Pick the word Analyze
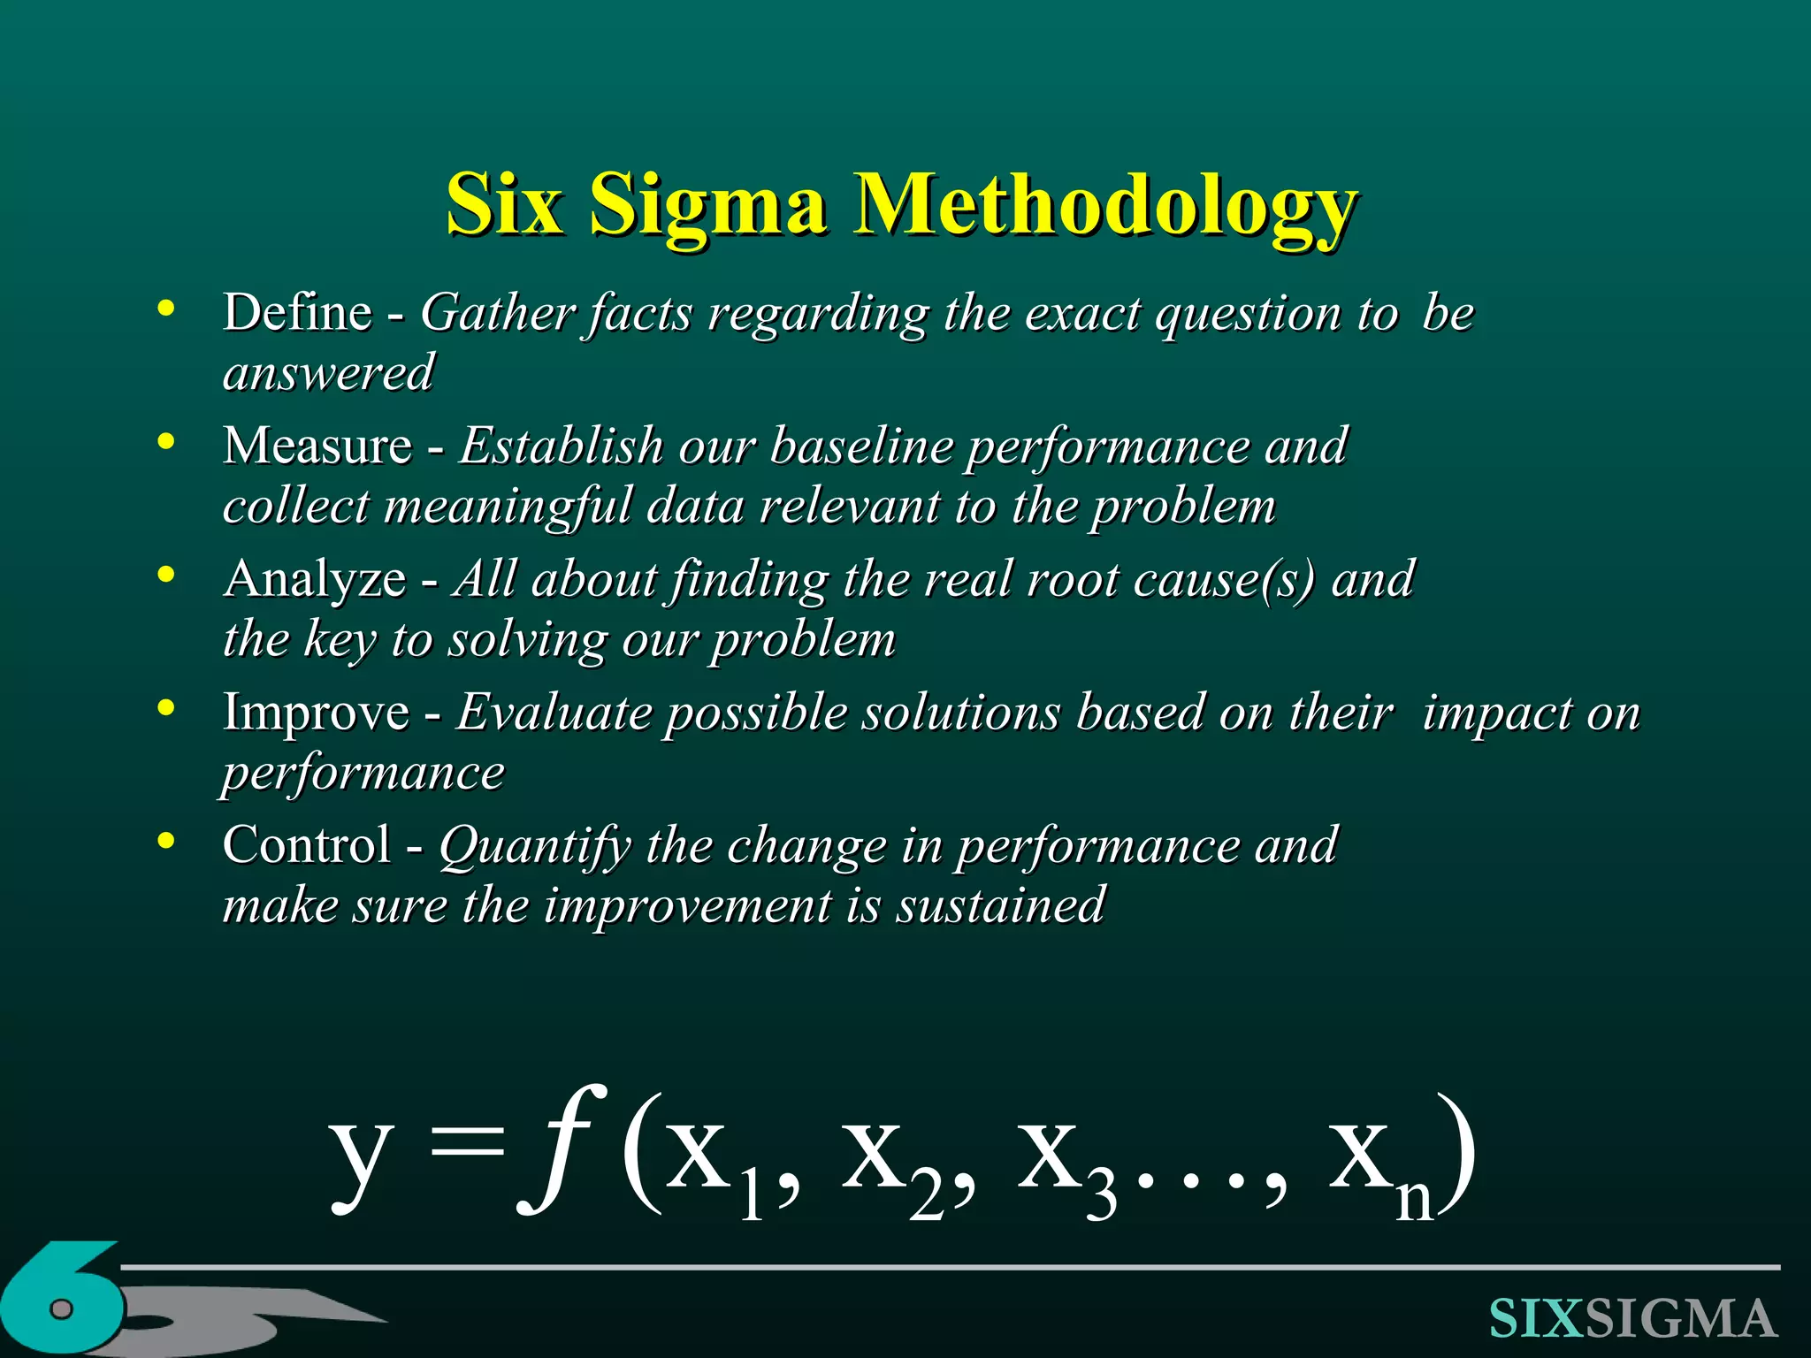pos(315,579)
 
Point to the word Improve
pos(316,713)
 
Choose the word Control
pos(306,844)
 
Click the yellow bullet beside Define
pos(165,309)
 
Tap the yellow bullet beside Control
pos(165,842)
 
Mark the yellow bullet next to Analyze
pos(165,576)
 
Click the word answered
pos(328,372)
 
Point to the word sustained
pos(1000,905)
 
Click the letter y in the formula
pos(360,1158)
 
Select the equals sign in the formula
pos(466,1149)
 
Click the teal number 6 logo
pos(62,1300)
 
